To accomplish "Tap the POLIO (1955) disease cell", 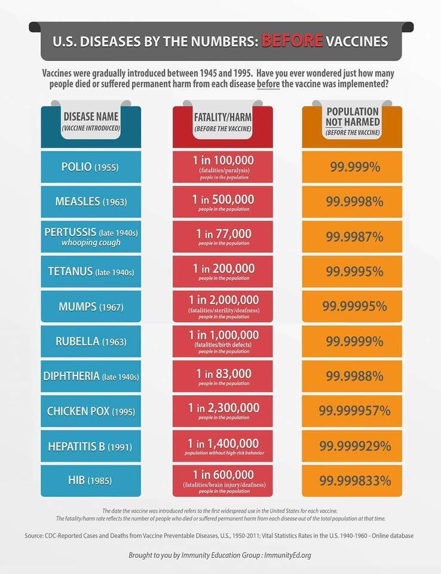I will tap(91, 167).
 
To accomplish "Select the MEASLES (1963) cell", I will tap(91, 201).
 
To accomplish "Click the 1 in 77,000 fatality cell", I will tap(222, 236).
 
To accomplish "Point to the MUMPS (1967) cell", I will tap(91, 306).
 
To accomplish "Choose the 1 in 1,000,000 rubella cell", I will tap(222, 341).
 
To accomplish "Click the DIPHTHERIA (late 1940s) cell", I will tap(91, 376).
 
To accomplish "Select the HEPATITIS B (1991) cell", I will tap(91, 446).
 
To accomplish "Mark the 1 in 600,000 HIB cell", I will tap(222, 480).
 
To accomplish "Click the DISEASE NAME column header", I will tap(91, 120).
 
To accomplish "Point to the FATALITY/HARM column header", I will tap(222, 120).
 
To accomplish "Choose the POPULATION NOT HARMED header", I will tap(353, 120).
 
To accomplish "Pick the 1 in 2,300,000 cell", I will tap(222, 411).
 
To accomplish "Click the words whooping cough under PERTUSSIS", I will tap(91, 242).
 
